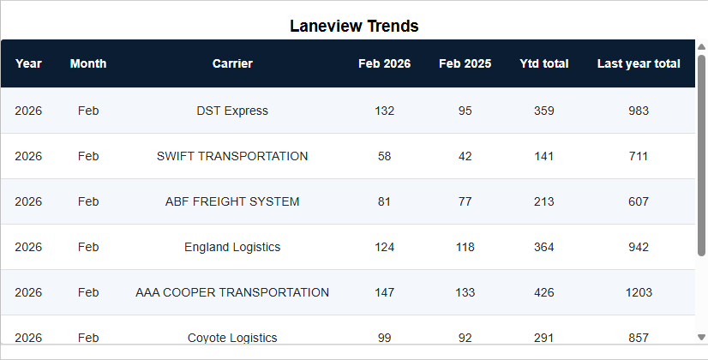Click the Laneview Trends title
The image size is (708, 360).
354,26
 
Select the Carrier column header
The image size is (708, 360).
232,63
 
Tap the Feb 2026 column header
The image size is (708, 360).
384,63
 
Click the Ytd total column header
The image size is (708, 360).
543,63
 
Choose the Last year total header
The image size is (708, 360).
639,63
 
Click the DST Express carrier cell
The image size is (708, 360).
232,111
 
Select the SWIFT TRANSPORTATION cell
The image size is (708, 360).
232,156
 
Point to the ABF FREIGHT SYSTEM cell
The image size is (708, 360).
232,201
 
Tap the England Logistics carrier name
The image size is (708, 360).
232,247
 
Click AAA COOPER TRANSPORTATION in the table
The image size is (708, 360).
232,292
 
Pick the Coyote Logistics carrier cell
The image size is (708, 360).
232,338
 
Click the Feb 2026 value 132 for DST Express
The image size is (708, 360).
385,111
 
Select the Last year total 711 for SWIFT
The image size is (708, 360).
639,156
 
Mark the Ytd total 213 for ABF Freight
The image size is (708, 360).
543,201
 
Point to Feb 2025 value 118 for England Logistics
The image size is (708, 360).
465,247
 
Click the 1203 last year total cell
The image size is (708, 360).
639,292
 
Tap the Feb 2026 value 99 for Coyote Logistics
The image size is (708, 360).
384,338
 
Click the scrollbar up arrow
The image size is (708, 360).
702,47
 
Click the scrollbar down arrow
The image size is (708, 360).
702,337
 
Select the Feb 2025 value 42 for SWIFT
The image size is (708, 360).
465,156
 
